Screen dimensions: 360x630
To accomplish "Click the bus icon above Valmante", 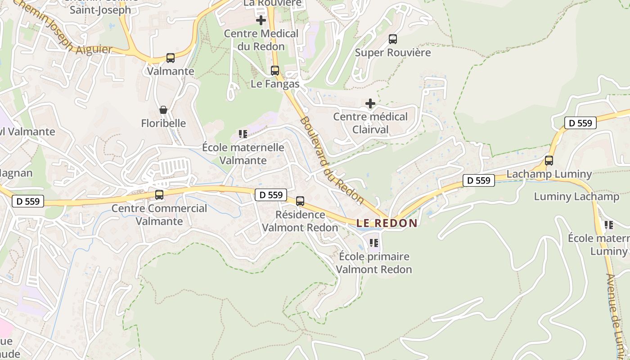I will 170,58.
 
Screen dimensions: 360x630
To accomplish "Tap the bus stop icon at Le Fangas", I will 274,71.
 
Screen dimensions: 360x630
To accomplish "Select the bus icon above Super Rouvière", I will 393,39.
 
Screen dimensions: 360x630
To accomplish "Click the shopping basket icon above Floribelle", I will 163,110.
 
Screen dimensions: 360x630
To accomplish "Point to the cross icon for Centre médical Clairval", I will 370,104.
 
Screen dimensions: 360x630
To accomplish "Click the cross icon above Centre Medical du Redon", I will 261,20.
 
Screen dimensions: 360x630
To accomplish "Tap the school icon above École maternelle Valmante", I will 243,134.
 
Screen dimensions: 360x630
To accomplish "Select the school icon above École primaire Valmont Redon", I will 373,243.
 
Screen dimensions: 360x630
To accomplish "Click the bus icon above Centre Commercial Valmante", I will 159,195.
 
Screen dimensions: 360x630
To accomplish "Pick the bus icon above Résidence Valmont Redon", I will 300,201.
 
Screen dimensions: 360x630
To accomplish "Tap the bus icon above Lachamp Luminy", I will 549,161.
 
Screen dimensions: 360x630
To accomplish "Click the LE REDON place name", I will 387,223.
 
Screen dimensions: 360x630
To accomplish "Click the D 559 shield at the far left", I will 28,201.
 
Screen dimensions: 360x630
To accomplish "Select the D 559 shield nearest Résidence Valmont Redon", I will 271,194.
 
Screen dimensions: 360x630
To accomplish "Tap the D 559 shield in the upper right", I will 580,123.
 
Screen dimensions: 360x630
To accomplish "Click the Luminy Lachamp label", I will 576,197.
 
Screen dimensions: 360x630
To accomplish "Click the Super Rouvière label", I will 393,53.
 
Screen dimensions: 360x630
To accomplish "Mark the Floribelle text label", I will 163,123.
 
